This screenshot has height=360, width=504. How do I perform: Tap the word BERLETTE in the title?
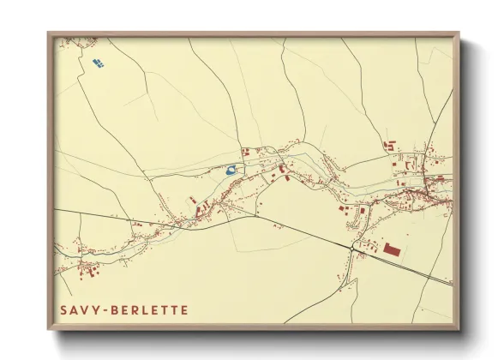[146, 309]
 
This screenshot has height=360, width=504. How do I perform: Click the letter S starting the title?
[63, 309]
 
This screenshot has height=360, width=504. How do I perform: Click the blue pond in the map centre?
[231, 170]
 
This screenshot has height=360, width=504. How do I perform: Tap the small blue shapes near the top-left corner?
[97, 63]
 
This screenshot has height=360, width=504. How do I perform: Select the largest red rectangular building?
[393, 249]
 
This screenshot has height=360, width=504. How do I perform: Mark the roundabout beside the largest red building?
[352, 248]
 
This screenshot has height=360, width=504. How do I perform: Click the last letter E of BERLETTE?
[183, 309]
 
